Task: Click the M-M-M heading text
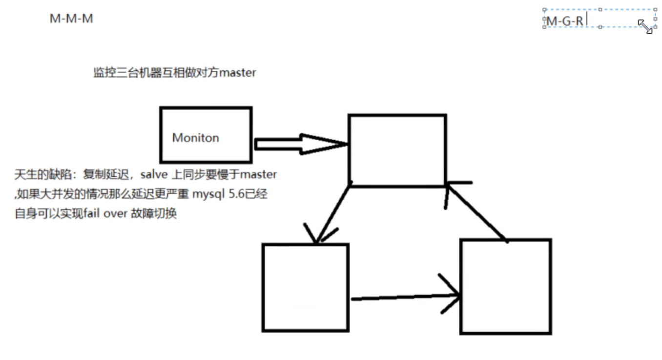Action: point(71,19)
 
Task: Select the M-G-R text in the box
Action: point(565,21)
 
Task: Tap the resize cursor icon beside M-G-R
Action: point(645,26)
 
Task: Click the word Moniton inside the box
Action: point(195,138)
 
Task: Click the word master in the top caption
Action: point(238,73)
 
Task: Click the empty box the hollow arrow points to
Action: point(397,150)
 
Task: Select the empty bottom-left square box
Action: point(305,287)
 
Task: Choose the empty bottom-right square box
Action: point(505,286)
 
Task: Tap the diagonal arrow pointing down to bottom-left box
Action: point(332,214)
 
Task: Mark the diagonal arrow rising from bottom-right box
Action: point(476,212)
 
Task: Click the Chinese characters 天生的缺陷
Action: point(41,174)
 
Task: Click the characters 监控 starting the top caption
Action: point(101,73)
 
